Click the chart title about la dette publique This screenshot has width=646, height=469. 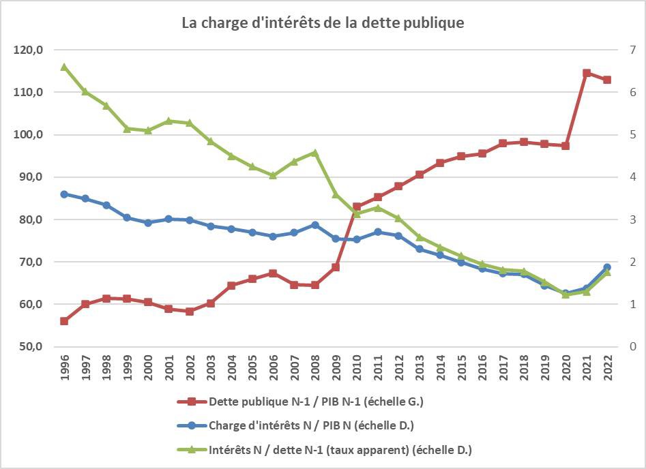click(x=323, y=22)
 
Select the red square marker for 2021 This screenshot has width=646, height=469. click(x=586, y=73)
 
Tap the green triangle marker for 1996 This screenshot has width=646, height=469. click(x=64, y=67)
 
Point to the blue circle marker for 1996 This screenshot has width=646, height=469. click(x=64, y=194)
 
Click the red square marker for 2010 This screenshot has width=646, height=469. click(x=356, y=207)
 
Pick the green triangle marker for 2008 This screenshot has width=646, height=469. click(x=314, y=153)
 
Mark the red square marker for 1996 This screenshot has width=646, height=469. click(x=64, y=321)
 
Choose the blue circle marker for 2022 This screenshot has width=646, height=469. click(x=606, y=267)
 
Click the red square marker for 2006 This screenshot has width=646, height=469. click(x=273, y=273)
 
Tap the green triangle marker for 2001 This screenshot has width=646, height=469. click(x=168, y=121)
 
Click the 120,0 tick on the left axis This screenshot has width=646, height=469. click(x=27, y=50)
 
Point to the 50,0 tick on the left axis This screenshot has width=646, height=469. click(x=29, y=346)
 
